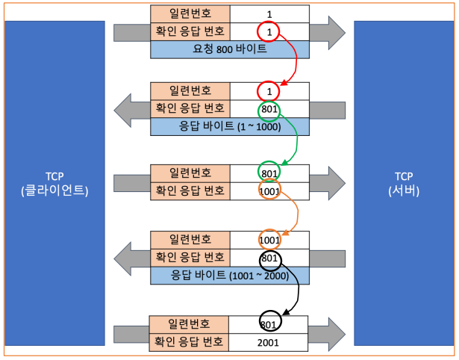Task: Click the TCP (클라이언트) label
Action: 54,184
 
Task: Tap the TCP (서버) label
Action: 402,184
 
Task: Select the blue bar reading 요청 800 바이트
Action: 229,50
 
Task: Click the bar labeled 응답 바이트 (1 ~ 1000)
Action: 229,127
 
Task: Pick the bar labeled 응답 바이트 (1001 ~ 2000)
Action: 229,276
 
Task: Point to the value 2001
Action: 269,343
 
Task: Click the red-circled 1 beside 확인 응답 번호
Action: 269,32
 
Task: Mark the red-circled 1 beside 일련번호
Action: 269,91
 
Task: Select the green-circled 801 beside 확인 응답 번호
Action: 269,110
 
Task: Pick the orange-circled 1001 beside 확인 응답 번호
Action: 269,190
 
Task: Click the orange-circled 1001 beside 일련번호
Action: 269,240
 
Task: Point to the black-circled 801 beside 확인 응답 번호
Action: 269,258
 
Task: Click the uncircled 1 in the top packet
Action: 269,13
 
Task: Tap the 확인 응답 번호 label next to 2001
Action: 190,343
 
